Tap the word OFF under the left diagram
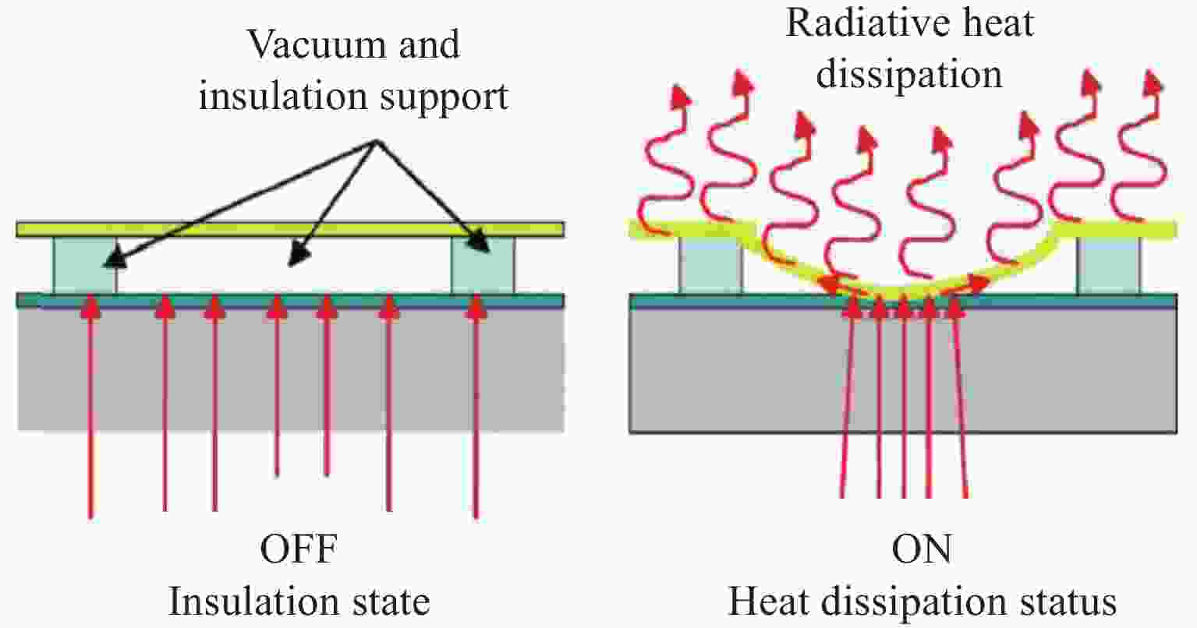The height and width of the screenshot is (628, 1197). pyautogui.click(x=299, y=551)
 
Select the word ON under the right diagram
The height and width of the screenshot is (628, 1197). pyautogui.click(x=923, y=551)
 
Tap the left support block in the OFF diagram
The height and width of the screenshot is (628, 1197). pyautogui.click(x=84, y=265)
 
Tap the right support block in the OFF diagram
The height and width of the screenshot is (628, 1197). pyautogui.click(x=483, y=265)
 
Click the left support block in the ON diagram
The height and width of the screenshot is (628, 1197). pyautogui.click(x=710, y=265)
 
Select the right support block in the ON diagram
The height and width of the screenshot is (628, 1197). pyautogui.click(x=1108, y=265)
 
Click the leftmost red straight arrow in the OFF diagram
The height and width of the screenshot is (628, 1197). pyautogui.click(x=90, y=405)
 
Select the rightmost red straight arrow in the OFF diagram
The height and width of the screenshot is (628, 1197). pyautogui.click(x=476, y=405)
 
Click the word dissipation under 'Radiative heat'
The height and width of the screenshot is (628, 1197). pyautogui.click(x=909, y=75)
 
